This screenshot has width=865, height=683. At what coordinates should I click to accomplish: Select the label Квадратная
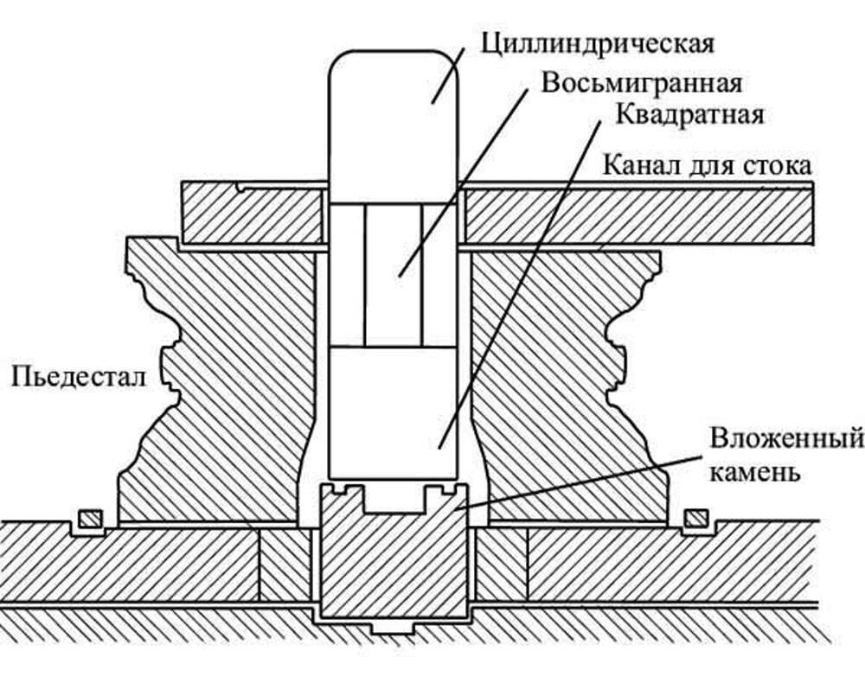pos(689,114)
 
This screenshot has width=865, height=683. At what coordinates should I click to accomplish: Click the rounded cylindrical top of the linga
pos(394,112)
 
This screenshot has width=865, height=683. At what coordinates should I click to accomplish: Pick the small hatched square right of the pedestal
pos(695,519)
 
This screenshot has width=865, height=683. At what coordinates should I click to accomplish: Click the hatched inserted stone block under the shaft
pos(394,562)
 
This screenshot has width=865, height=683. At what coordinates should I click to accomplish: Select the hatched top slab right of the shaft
pos(636,214)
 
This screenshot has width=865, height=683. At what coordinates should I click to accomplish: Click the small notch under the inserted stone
pos(394,628)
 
